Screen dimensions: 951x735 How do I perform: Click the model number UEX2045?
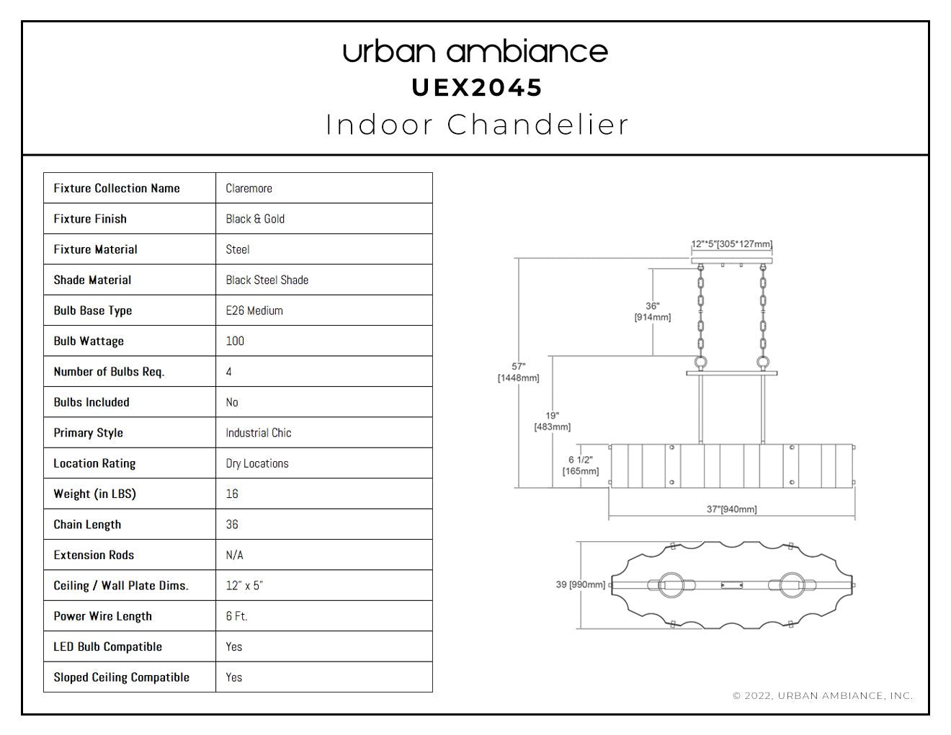click(x=477, y=88)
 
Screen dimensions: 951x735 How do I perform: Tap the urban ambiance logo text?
click(x=475, y=52)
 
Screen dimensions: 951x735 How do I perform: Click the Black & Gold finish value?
click(x=255, y=219)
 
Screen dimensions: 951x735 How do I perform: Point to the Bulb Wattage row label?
click(x=89, y=341)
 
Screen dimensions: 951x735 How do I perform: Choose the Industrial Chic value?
click(x=258, y=432)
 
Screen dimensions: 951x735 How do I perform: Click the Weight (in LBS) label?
click(x=94, y=494)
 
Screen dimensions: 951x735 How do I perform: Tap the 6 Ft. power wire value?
click(x=237, y=616)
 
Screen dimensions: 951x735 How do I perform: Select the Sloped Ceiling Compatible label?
click(x=121, y=677)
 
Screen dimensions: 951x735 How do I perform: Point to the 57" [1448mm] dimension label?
click(x=518, y=372)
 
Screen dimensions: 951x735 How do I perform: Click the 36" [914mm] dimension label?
click(x=653, y=312)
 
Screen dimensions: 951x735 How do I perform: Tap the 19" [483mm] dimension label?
click(x=553, y=421)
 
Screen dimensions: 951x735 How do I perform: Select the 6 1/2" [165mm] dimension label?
click(x=580, y=465)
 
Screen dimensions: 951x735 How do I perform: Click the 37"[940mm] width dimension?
click(x=731, y=509)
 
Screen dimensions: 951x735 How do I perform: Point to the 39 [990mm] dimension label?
click(x=580, y=584)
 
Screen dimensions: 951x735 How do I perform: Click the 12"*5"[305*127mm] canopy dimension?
click(x=732, y=244)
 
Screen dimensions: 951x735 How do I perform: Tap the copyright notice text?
click(x=823, y=695)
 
